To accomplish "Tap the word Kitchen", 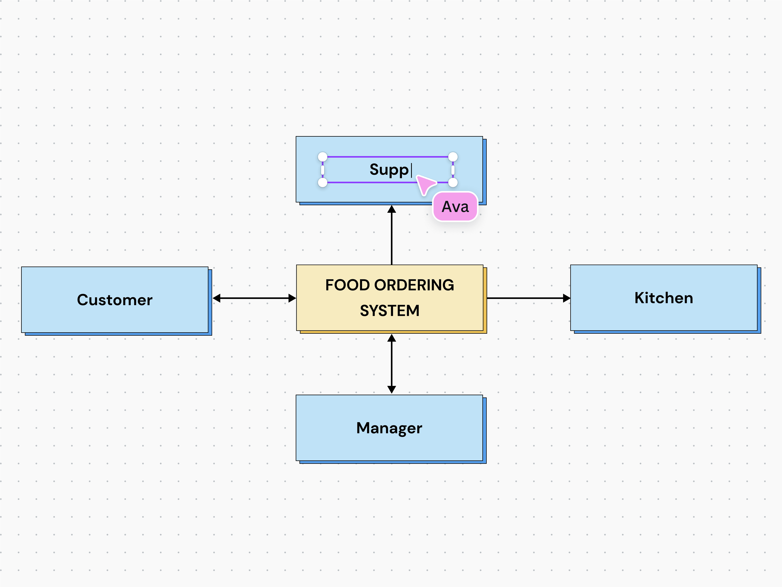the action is click(664, 298).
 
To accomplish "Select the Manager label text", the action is click(389, 428).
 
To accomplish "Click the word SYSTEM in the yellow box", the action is click(390, 311).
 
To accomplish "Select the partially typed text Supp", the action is click(389, 170).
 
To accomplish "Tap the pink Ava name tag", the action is click(455, 207).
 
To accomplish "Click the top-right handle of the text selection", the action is click(453, 157).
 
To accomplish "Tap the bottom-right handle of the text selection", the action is click(453, 183).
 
